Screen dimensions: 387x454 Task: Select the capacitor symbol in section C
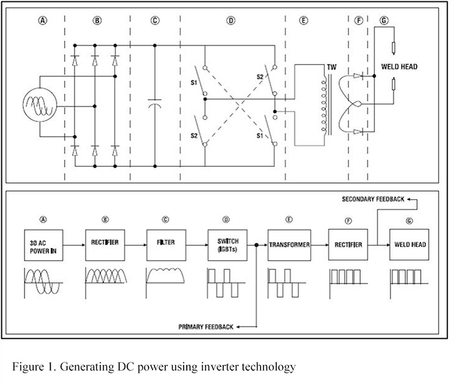pos(154,104)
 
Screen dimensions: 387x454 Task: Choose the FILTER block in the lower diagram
pos(165,245)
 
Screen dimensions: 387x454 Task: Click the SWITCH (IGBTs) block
pos(225,245)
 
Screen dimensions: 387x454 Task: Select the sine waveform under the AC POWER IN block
pos(41,279)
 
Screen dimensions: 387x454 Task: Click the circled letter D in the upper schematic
pos(230,21)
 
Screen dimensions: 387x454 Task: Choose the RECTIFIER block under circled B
pos(103,245)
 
